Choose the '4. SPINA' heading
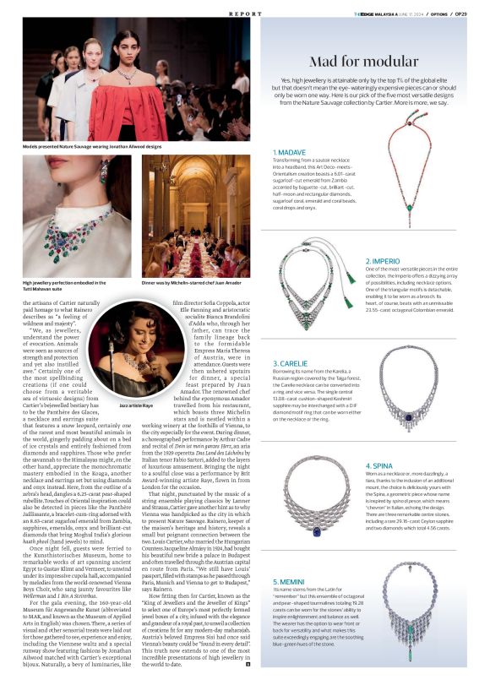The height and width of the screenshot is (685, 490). click(x=379, y=465)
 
